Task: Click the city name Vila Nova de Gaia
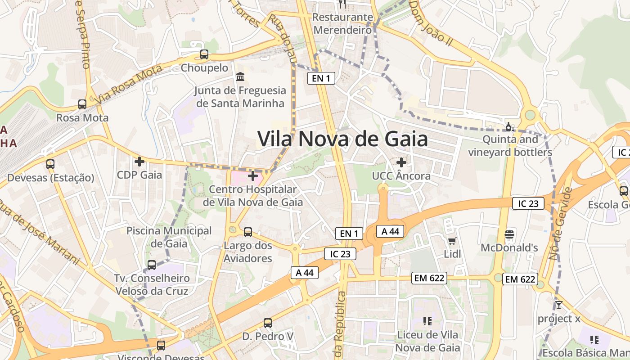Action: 342,139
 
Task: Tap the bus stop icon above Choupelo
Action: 204,54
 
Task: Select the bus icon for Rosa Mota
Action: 82,104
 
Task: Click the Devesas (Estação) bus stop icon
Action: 50,164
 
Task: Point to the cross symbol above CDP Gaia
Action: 139,161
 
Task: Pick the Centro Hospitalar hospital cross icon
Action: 253,175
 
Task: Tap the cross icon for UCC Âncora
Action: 401,162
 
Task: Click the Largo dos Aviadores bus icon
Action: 248,232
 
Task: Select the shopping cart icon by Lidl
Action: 452,241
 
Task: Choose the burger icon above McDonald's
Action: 509,234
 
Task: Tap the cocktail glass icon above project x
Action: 559,305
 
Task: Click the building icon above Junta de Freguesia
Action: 240,76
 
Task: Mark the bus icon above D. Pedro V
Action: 268,323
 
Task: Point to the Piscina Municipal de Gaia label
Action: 169,237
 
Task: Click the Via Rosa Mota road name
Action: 128,84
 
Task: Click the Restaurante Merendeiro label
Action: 343,23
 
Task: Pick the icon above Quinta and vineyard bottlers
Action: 510,126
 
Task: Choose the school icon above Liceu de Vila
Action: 427,321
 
